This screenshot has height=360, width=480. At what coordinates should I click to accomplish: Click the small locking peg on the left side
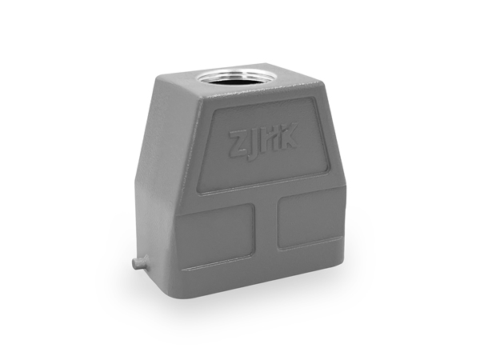click(139, 263)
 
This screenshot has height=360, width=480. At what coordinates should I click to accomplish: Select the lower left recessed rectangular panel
click(215, 234)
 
